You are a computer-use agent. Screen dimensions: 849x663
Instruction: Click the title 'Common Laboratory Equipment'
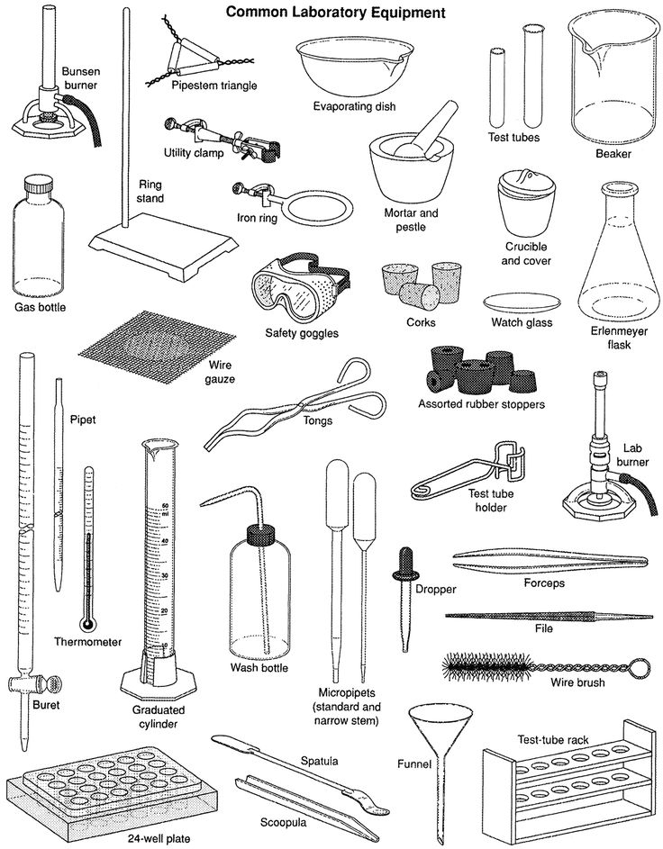pyautogui.click(x=335, y=13)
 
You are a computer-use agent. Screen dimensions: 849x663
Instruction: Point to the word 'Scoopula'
pyautogui.click(x=282, y=821)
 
